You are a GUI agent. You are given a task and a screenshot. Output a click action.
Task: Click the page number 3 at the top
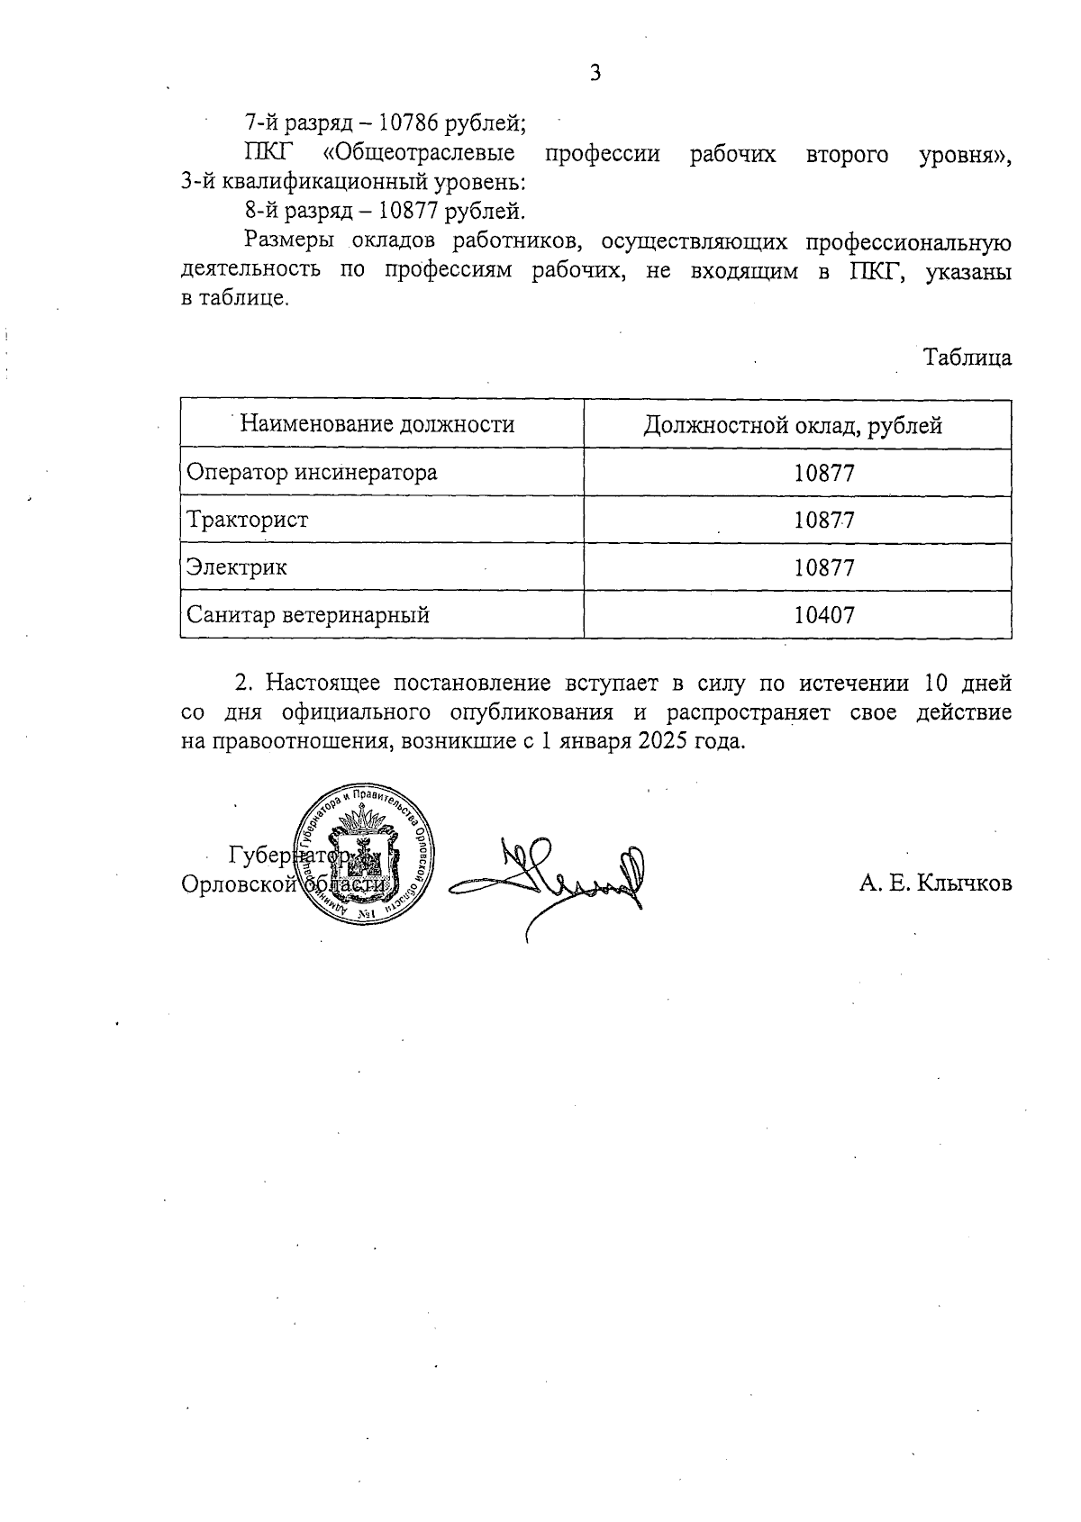[595, 74]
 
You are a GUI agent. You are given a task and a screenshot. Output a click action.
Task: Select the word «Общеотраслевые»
[418, 154]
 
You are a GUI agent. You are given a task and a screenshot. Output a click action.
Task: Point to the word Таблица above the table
[967, 358]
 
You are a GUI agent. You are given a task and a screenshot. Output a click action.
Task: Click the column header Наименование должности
[377, 424]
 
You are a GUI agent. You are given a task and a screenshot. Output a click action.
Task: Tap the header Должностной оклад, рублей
[793, 425]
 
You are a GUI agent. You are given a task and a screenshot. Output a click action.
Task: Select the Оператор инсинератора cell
[312, 472]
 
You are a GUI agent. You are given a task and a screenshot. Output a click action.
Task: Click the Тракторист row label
[248, 520]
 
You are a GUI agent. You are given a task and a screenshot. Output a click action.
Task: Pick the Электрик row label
[237, 567]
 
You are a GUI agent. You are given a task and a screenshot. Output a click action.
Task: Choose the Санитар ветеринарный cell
[308, 615]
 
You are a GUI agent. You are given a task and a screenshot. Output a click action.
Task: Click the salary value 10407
[824, 616]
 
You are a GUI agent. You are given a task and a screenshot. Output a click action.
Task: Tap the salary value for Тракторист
[824, 521]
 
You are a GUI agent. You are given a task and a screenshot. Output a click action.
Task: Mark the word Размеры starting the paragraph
[284, 241]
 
